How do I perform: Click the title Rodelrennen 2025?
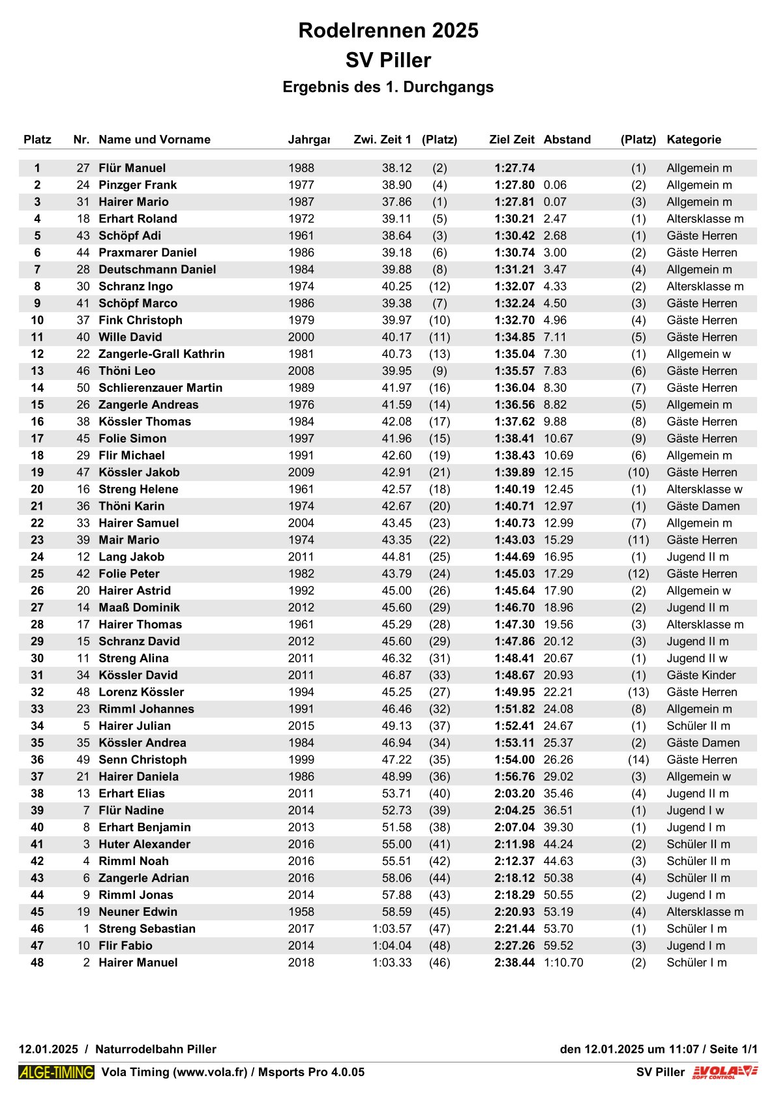388,30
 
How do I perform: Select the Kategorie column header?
693,139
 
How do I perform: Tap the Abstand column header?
567,139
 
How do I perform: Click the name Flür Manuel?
132,168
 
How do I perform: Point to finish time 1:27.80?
514,185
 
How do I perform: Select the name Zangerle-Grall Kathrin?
161,354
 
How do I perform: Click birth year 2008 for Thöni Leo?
301,371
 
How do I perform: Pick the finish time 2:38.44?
514,963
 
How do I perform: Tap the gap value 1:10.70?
563,963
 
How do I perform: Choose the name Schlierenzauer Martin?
160,388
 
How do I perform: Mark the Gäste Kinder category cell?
700,675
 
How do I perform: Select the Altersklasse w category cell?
704,490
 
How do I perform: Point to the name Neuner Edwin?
138,912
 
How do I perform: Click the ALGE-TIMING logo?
56,1072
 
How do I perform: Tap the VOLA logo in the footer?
724,1072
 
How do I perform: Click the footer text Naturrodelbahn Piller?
155,1049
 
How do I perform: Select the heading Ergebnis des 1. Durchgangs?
388,87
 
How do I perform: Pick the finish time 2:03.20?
514,794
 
